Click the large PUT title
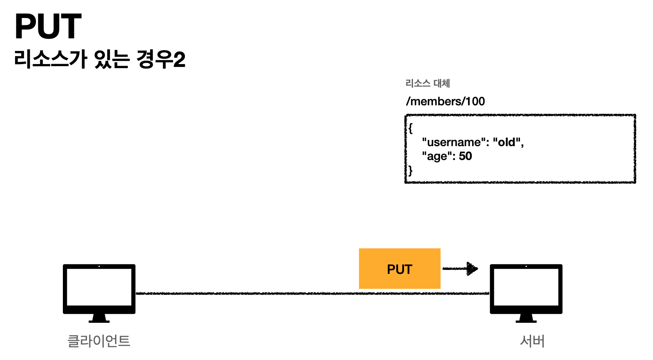click(x=48, y=27)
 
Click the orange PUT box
click(x=400, y=269)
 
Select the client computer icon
click(x=99, y=290)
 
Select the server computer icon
click(x=526, y=290)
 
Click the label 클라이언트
click(x=99, y=341)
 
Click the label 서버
click(x=532, y=341)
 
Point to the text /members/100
click(x=445, y=101)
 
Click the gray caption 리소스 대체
click(x=427, y=83)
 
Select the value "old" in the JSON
click(x=507, y=142)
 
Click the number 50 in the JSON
click(x=465, y=156)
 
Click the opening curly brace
click(x=411, y=128)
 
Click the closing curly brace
click(x=411, y=170)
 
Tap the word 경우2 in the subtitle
click(x=161, y=59)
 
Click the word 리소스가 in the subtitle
click(x=51, y=59)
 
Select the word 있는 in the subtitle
click(x=112, y=59)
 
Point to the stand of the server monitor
click(x=526, y=318)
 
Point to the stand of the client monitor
click(x=99, y=318)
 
